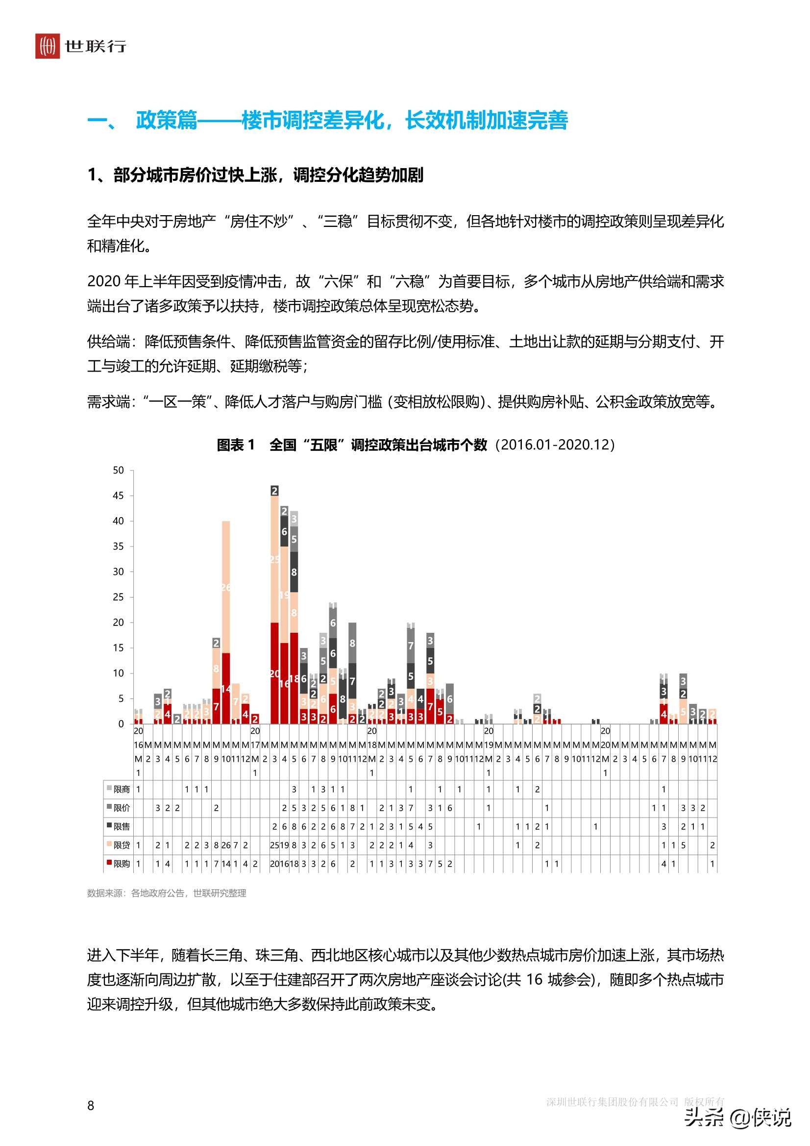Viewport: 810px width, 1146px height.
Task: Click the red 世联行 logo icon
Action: click(x=48, y=46)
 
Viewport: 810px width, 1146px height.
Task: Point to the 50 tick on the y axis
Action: click(x=118, y=470)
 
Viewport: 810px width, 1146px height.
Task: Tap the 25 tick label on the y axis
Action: click(x=118, y=597)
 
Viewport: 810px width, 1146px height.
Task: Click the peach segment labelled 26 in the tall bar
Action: click(x=225, y=587)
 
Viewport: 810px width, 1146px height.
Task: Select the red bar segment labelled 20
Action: click(x=274, y=673)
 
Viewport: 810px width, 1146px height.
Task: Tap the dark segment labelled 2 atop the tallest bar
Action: click(x=274, y=491)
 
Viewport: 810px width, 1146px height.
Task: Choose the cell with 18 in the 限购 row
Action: click(x=294, y=864)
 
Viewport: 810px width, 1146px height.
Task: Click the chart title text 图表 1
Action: click(x=236, y=444)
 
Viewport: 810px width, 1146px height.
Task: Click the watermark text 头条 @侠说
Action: click(x=738, y=1117)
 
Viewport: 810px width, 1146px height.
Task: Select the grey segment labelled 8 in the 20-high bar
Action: click(x=352, y=644)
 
